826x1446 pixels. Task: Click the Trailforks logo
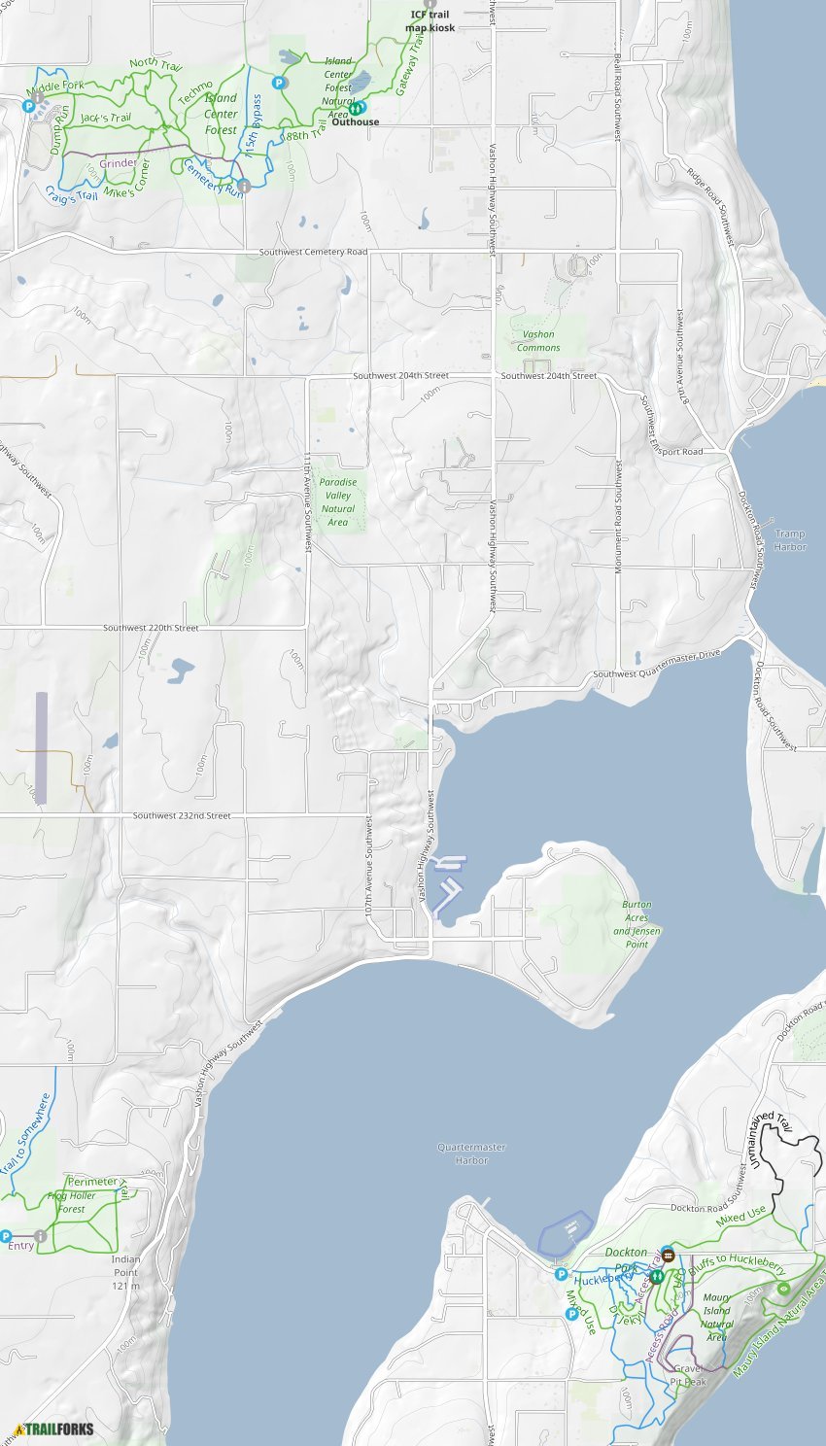tap(54, 1429)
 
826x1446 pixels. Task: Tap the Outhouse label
tap(355, 121)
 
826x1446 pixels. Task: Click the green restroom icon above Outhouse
tap(358, 108)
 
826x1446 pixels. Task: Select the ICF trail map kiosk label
tap(430, 21)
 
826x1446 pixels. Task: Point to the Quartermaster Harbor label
tap(471, 1153)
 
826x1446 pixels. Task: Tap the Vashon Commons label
tap(538, 341)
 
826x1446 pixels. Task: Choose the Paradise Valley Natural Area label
tap(337, 501)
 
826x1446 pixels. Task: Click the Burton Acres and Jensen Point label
tap(637, 924)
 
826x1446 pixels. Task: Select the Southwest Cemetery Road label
tap(313, 253)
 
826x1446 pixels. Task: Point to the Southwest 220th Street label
tap(151, 629)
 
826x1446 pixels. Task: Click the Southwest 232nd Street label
tap(182, 815)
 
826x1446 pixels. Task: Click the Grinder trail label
tap(118, 163)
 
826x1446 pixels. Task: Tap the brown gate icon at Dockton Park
tap(668, 1254)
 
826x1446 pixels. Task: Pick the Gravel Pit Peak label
tap(689, 1375)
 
